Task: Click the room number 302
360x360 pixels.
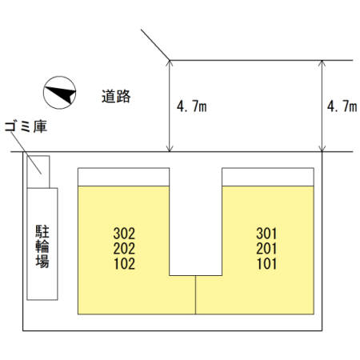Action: coord(124,234)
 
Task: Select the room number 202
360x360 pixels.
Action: coord(124,249)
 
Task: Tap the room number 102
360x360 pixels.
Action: coord(124,264)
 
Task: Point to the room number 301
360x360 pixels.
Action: coord(266,234)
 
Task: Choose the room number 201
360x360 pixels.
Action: coord(266,249)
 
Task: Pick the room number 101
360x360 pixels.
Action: coord(266,264)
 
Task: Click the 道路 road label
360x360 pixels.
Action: coord(116,96)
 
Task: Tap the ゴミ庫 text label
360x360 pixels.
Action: coord(26,126)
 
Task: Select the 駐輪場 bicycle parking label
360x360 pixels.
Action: coord(42,246)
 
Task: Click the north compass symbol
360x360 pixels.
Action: coord(60,93)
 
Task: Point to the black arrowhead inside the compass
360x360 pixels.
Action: coord(61,94)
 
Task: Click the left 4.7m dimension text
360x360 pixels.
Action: coord(192,106)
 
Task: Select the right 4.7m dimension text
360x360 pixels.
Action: coord(342,106)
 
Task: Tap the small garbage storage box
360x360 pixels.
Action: coord(38,172)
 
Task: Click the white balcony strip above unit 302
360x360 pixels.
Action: coord(123,177)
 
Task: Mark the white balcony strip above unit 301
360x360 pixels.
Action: coord(268,177)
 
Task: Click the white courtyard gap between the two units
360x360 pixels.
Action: coord(196,222)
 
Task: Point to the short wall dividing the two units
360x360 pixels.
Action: coord(195,295)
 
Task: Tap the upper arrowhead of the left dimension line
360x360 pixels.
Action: coord(170,63)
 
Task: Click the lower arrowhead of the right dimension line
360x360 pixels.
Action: coord(322,149)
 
